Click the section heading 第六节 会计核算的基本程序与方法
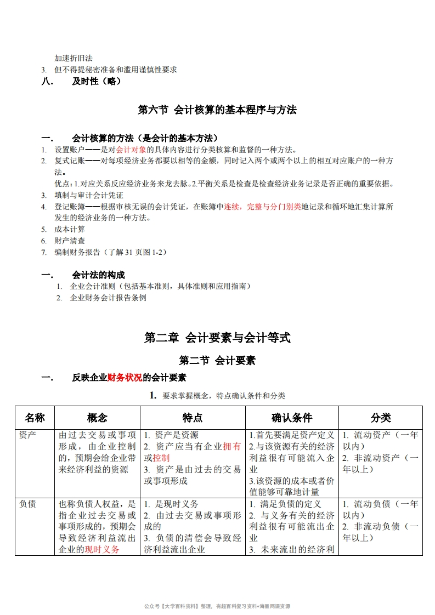(x=217, y=110)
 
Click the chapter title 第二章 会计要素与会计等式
(x=217, y=338)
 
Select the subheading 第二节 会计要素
(x=217, y=361)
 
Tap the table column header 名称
(x=35, y=418)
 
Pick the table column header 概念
(x=97, y=418)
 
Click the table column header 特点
(x=193, y=418)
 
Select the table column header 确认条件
(x=291, y=418)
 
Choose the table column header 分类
(x=381, y=418)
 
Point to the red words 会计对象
(x=131, y=150)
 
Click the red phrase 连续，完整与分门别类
(x=263, y=207)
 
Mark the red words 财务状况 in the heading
(x=125, y=378)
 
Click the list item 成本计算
(x=70, y=229)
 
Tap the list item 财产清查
(x=70, y=241)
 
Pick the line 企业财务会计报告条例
(x=108, y=298)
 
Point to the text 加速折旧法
(x=74, y=58)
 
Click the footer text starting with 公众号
(x=217, y=606)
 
